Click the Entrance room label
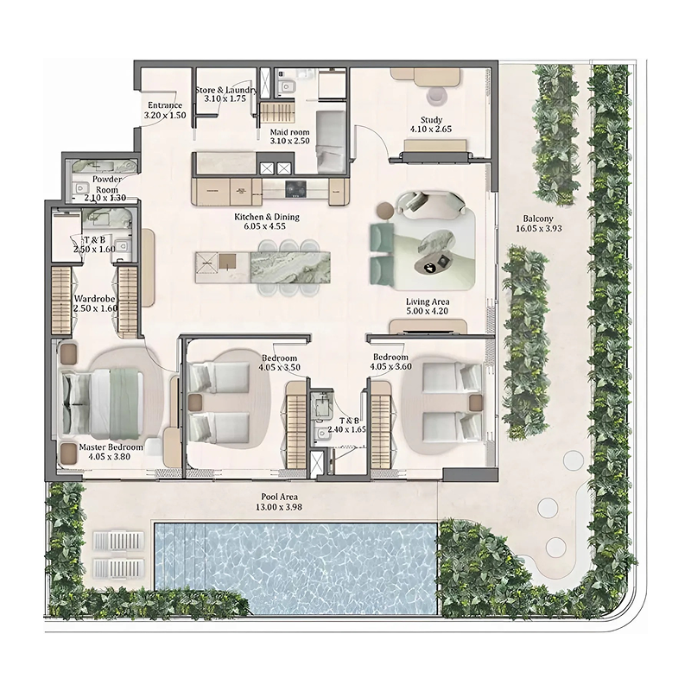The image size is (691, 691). tap(164, 106)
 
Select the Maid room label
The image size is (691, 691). tap(289, 131)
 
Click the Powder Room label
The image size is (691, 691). tap(107, 183)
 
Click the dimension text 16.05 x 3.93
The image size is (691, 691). tap(539, 230)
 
